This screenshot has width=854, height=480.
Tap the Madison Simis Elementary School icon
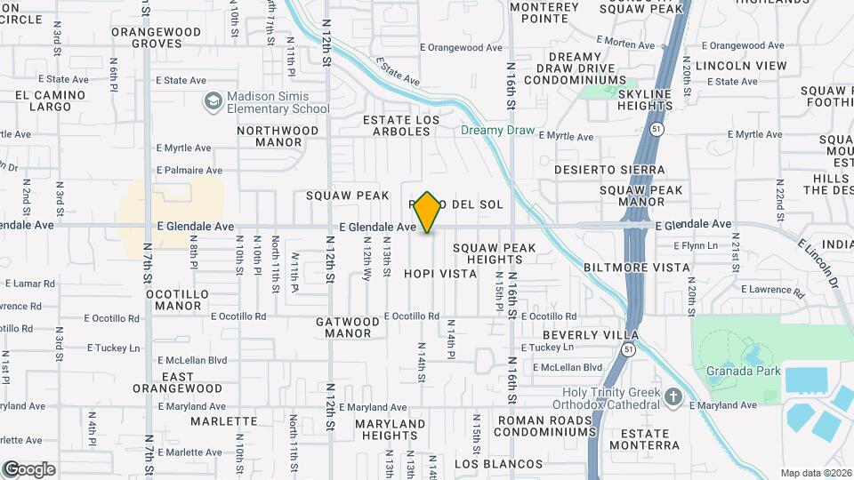click(x=213, y=102)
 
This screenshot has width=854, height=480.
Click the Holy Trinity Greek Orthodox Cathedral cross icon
click(x=673, y=395)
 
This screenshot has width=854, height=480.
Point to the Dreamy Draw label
click(x=498, y=131)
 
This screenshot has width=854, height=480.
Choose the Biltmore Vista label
click(x=636, y=267)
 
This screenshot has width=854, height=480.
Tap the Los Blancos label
click(x=498, y=464)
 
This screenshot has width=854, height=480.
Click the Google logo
click(x=28, y=468)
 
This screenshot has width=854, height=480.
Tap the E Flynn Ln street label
click(x=694, y=245)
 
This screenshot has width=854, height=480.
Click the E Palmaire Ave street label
click(x=189, y=170)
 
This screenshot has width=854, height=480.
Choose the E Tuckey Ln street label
click(x=113, y=348)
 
